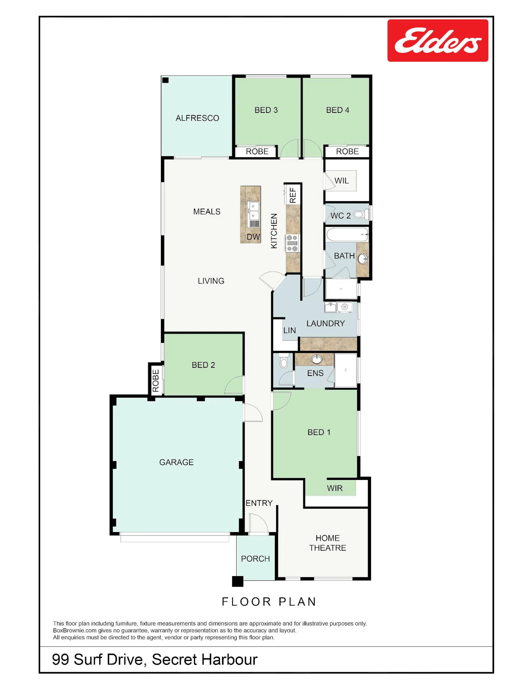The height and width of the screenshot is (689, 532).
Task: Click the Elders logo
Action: pos(438,40)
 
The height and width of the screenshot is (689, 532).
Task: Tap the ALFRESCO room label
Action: pos(198,118)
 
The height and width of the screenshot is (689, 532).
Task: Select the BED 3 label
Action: pos(266,110)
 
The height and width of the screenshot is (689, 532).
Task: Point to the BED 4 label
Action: pos(338,110)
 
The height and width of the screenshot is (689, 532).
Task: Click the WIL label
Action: pos(342,181)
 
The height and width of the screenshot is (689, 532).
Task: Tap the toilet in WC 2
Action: pos(359,214)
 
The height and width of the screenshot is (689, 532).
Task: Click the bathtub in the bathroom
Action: pos(347,235)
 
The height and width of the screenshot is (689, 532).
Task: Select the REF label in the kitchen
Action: pos(293,195)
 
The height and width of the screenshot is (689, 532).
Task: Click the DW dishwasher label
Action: pos(253,237)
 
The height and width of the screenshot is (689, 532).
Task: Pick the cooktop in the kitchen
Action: pos(292,243)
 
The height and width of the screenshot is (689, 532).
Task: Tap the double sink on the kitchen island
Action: pos(254,211)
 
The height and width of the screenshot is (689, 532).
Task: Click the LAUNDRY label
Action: pos(326,323)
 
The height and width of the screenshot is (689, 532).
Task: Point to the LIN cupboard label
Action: pos(289,330)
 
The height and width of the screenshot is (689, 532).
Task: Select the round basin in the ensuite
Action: pos(317,360)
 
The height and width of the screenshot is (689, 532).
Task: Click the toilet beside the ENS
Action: pos(284,361)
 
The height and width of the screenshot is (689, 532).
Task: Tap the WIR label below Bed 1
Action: pos(335,488)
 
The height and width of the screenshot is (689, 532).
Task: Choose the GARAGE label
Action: pos(176,462)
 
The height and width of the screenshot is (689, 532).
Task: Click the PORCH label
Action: pos(255,559)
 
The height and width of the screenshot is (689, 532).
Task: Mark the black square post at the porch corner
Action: pos(238,581)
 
